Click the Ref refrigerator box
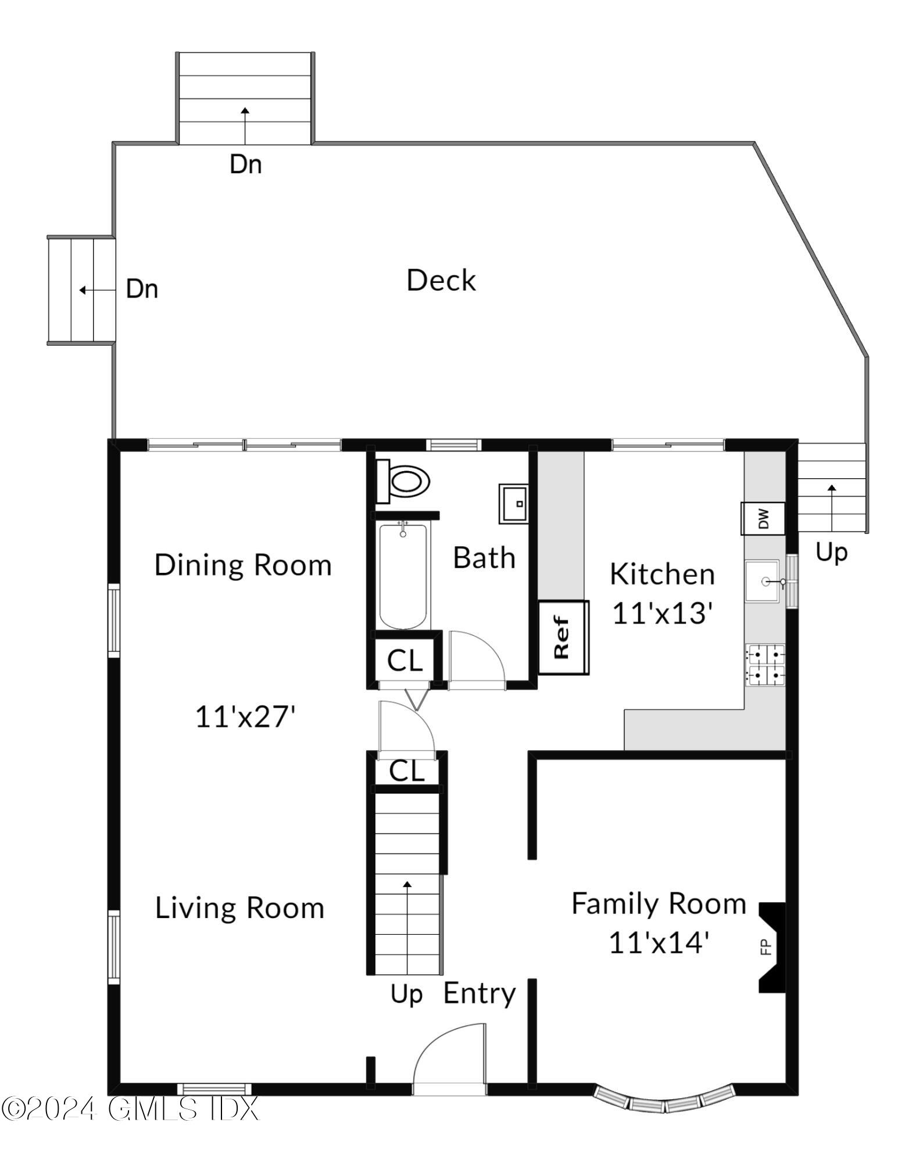563,637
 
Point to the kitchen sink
763,580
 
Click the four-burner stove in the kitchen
766,665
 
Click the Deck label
441,281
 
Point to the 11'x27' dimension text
245,716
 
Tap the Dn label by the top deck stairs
245,164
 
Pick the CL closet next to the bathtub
404,660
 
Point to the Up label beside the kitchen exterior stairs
831,552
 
